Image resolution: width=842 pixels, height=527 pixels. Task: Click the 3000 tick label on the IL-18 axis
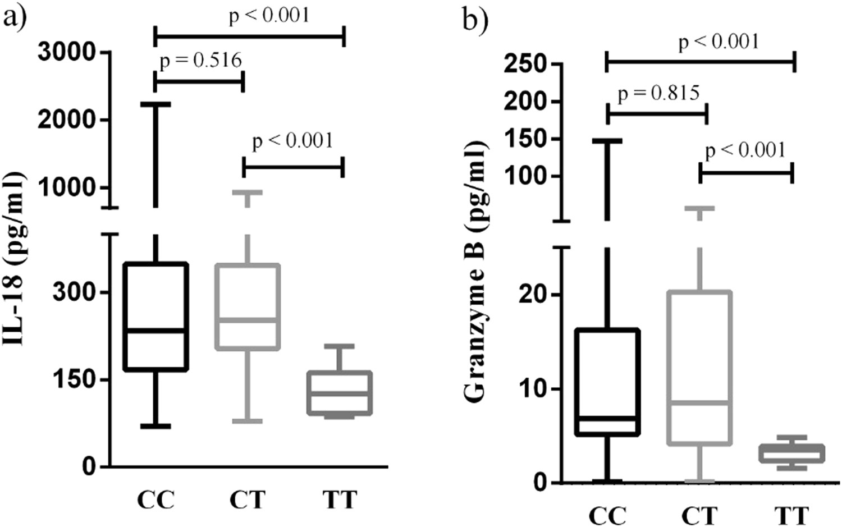coord(67,52)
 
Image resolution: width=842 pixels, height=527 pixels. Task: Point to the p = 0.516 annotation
coord(201,61)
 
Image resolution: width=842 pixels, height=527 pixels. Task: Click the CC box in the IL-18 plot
coord(156,316)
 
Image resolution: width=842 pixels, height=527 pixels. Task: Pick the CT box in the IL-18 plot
coord(248,306)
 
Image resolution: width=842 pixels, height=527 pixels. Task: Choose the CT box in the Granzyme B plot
coord(700,368)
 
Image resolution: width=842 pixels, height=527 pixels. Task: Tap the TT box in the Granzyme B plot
coord(792,453)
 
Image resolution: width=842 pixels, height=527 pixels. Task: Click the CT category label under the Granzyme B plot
coord(700,515)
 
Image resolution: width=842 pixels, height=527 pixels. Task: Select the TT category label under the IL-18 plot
coord(340,499)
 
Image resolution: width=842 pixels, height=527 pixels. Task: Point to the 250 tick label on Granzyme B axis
coord(525,64)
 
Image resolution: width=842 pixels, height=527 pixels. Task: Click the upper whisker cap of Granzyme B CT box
coord(700,208)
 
